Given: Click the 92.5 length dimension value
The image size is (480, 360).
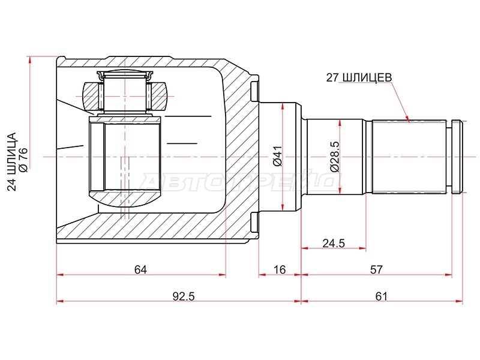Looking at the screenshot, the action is (x=184, y=296).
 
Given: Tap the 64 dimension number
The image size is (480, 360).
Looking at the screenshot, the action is (x=140, y=269).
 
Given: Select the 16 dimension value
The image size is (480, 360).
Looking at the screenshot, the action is (x=279, y=269).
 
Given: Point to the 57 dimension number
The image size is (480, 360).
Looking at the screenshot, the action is (x=376, y=269).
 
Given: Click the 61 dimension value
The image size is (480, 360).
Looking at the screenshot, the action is (x=381, y=296).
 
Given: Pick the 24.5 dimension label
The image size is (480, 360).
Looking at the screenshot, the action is (x=334, y=244).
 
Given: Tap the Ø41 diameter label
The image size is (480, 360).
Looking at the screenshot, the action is (x=278, y=156).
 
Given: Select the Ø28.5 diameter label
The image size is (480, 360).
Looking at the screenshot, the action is (x=335, y=157).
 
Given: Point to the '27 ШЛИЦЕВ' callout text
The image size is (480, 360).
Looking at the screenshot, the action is (x=359, y=78).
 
